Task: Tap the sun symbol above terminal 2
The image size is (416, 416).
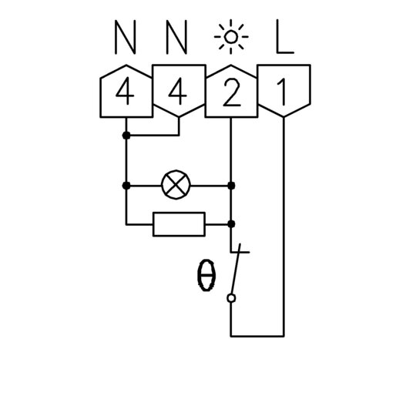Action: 231,37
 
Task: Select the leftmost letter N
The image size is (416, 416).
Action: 126,37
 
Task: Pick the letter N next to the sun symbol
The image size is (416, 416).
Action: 176,37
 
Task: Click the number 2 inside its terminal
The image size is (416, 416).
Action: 231,92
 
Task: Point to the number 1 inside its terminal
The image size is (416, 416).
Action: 282,92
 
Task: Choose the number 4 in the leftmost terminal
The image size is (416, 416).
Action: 125,91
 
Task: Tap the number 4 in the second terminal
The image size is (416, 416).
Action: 177,91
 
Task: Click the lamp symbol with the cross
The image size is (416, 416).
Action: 176,185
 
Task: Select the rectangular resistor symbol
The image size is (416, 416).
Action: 179,224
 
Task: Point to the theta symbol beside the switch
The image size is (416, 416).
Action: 206,276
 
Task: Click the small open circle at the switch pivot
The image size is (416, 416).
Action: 231,298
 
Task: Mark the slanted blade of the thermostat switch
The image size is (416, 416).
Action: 236,269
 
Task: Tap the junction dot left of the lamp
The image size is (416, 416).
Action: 126,186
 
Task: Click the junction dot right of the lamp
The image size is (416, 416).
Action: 231,186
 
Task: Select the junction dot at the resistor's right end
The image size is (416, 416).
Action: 231,224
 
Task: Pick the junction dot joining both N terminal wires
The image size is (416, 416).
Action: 126,136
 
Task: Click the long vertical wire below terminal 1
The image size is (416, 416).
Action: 283,226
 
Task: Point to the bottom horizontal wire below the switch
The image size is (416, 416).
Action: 257,336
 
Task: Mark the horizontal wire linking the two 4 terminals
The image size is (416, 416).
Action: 153,136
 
